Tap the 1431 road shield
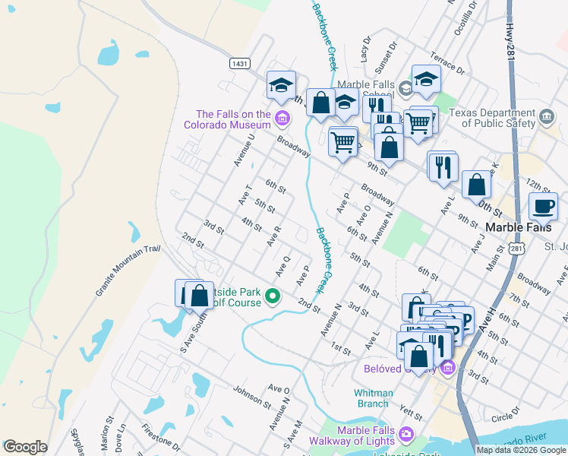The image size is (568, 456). pos(240,64)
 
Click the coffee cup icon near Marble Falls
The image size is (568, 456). pos(543,206)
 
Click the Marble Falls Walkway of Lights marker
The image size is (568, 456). pos(406,434)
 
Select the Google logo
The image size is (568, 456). pos(25,447)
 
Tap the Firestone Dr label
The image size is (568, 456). pos(161,438)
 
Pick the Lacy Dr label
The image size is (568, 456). pos(365,50)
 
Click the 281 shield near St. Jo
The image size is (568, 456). pos(516,249)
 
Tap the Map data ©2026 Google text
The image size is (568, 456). pos(520,450)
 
